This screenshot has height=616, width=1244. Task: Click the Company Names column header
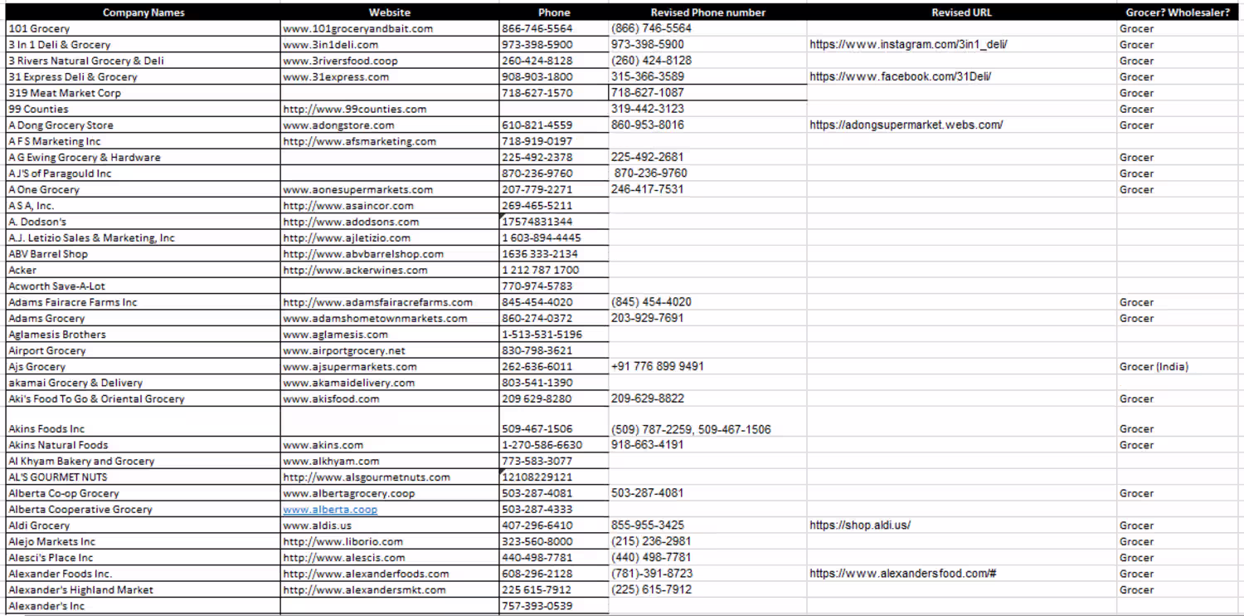click(143, 12)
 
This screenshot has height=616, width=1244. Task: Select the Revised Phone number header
click(707, 12)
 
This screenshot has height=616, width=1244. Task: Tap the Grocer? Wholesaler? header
click(1177, 12)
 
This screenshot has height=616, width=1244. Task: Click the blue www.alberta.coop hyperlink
click(330, 510)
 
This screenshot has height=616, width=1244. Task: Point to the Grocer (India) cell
click(1154, 367)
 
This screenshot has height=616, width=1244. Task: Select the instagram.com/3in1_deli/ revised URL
click(908, 45)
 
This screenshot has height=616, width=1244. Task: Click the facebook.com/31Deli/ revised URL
click(900, 76)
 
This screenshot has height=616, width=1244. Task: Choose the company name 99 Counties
click(38, 109)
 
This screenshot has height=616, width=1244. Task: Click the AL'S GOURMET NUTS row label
click(57, 477)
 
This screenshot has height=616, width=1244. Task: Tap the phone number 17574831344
click(537, 222)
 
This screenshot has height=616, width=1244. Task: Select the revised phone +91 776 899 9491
click(658, 366)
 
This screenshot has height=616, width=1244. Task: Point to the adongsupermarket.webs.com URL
click(906, 125)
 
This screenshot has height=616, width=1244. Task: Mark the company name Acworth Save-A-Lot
click(56, 286)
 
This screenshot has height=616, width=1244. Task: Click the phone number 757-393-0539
click(537, 606)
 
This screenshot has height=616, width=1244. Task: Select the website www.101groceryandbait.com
click(357, 28)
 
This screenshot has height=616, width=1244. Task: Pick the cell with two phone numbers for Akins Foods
click(691, 429)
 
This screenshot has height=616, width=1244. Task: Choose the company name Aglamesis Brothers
click(57, 335)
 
